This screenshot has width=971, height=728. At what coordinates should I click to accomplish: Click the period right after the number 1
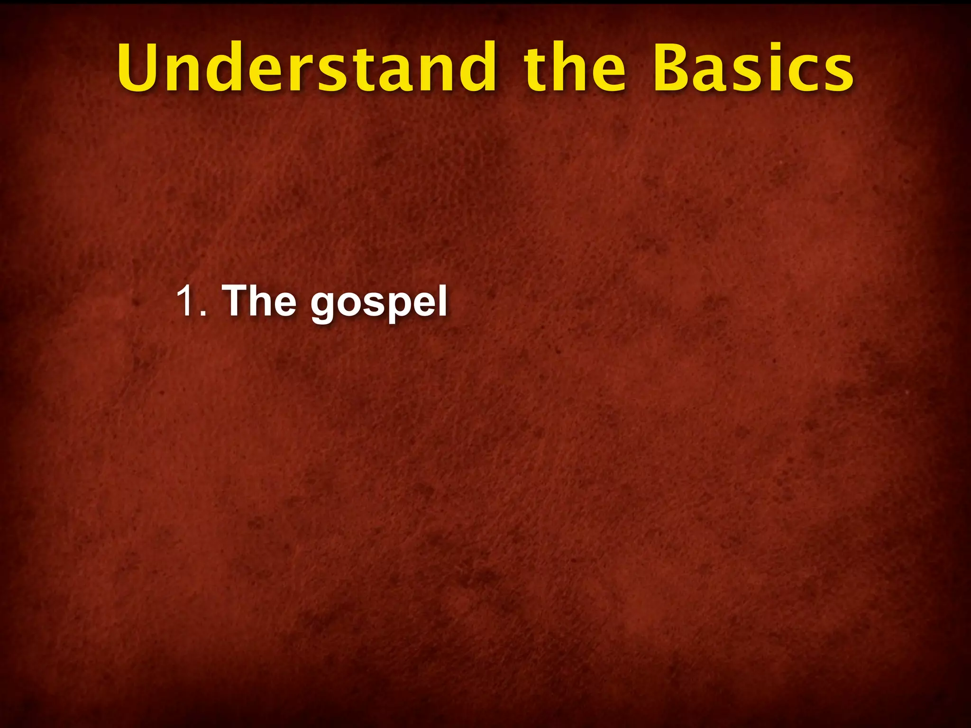pos(203,313)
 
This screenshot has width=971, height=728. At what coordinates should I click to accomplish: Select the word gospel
pos(379,303)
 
